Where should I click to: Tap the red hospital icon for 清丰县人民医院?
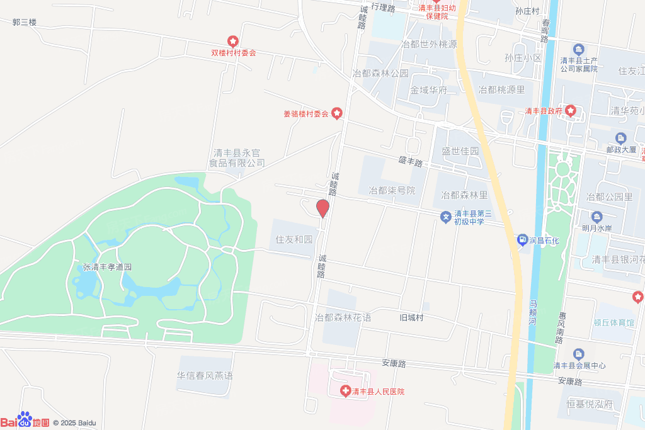pyautogui.click(x=345, y=392)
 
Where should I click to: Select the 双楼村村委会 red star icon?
pyautogui.click(x=233, y=42)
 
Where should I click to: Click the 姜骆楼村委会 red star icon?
pyautogui.click(x=337, y=114)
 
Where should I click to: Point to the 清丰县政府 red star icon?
pyautogui.click(x=570, y=111)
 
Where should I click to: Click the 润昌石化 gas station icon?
pyautogui.click(x=522, y=239)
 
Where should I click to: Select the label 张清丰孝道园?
pyautogui.click(x=107, y=267)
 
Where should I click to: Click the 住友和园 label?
pyautogui.click(x=294, y=240)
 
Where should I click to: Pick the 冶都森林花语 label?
pyautogui.click(x=343, y=317)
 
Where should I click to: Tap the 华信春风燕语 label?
pyautogui.click(x=205, y=376)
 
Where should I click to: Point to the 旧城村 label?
pyautogui.click(x=411, y=317)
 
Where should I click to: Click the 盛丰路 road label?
pyautogui.click(x=410, y=162)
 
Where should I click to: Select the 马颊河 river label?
pyautogui.click(x=532, y=312)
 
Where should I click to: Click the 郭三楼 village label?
pyautogui.click(x=25, y=22)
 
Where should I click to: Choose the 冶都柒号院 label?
pyautogui.click(x=392, y=190)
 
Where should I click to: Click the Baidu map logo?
pyautogui.click(x=25, y=421)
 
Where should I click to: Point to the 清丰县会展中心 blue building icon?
pyautogui.click(x=579, y=354)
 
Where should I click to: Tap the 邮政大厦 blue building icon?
pyautogui.click(x=621, y=139)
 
